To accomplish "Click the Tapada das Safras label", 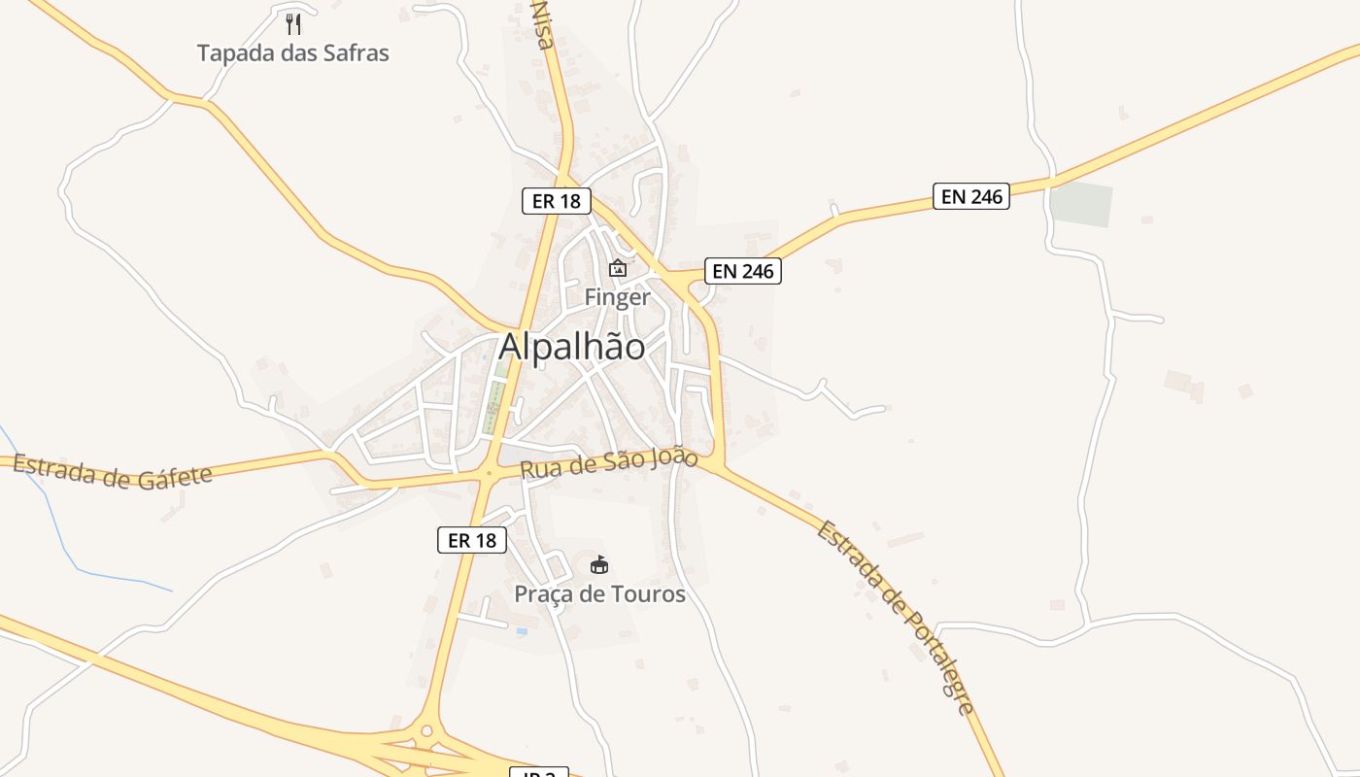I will coord(292,53).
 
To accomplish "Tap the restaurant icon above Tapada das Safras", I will coord(293,23).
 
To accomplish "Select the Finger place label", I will coord(617,297).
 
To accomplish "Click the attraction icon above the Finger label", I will coord(617,268).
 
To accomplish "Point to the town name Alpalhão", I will coord(571,347).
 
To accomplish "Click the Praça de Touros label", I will coord(599,593).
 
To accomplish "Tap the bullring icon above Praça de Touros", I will coord(599,564).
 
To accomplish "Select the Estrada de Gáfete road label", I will coord(113,472).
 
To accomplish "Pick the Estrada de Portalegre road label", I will coord(895,618).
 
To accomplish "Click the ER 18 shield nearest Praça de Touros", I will coord(472,540).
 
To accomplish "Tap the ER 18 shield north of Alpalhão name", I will coord(557,201).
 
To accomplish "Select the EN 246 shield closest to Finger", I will coord(743,271).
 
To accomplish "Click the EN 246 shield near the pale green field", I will coord(971,196).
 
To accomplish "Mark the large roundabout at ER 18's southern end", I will coord(425,731).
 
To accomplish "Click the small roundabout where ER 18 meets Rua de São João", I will coord(489,473).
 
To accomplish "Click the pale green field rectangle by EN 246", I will coord(1080,205).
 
